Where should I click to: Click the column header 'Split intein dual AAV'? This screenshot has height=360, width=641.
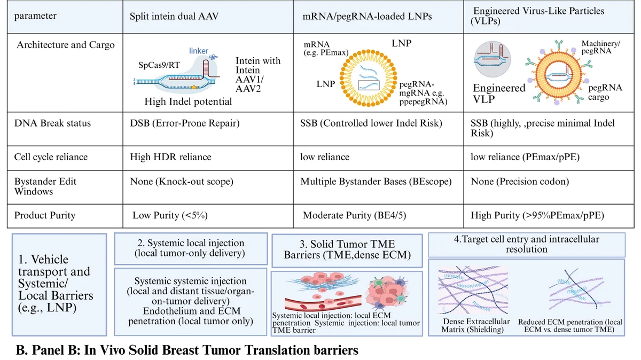point(174,16)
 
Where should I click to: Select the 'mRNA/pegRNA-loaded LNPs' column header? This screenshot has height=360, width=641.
point(367,17)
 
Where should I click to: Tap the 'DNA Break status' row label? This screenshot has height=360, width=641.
point(52,123)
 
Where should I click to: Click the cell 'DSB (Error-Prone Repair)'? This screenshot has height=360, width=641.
point(185,123)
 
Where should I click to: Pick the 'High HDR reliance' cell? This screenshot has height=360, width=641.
point(170,157)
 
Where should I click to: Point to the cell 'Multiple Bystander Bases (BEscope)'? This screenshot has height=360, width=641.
point(376,182)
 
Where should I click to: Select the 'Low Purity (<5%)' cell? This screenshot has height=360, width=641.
point(170,215)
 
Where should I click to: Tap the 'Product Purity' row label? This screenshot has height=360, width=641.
point(45,215)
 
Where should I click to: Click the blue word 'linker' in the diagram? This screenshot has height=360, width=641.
point(198,51)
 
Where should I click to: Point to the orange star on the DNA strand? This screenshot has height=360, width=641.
point(194,87)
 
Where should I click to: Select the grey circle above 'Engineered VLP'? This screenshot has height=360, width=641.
point(492,59)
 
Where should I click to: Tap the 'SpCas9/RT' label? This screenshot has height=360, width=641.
point(159,65)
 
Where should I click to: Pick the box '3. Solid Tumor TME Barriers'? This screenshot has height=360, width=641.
point(347,251)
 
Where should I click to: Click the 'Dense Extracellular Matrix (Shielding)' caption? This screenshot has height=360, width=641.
point(475,325)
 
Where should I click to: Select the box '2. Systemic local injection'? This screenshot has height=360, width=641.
point(191,248)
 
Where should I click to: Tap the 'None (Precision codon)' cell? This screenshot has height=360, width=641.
point(520,182)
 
